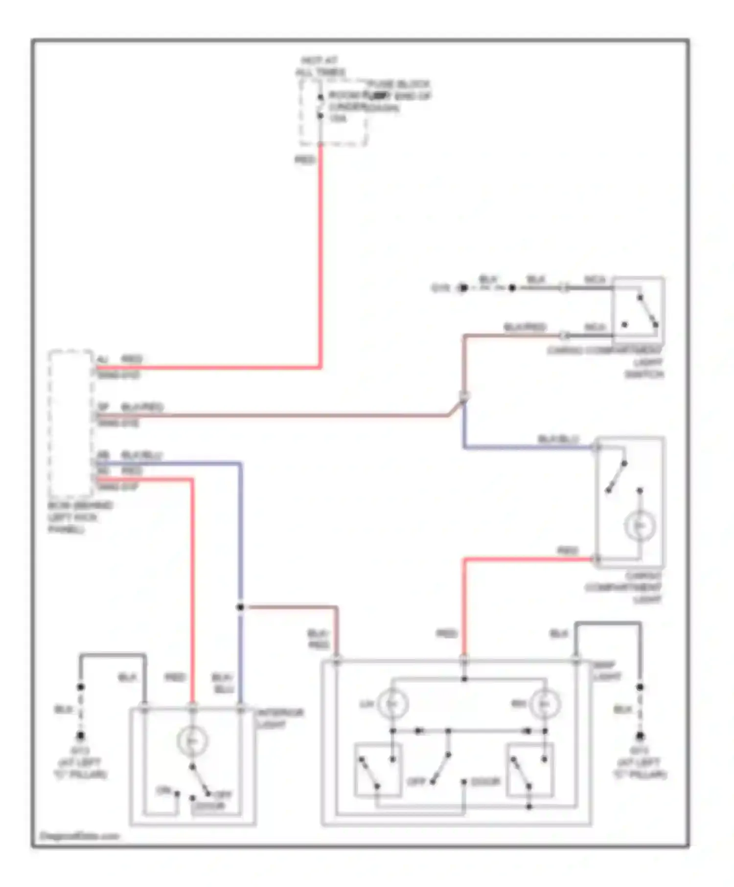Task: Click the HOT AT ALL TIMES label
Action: [320, 67]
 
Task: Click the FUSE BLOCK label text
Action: [399, 84]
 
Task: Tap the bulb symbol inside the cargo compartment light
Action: [640, 526]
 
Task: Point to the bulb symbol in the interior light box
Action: [192, 741]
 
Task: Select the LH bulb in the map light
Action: [392, 704]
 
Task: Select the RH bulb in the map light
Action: [545, 704]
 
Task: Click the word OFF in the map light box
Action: [417, 782]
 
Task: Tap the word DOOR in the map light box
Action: [485, 782]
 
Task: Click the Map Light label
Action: [607, 671]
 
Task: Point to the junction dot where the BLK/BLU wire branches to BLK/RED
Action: [240, 607]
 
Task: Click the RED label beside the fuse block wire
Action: [304, 159]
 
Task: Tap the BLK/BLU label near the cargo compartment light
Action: [558, 439]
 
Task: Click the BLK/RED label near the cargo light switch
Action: [525, 327]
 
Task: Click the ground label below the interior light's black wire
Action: [80, 762]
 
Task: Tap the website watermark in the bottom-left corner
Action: [80, 836]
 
